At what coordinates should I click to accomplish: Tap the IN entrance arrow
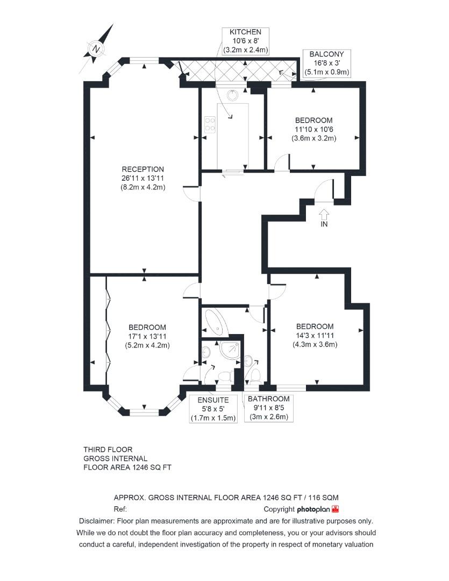pos(323,214)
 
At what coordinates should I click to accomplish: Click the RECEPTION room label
pos(142,169)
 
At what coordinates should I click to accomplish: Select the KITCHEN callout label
pos(245,32)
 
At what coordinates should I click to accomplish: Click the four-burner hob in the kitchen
pos(209,127)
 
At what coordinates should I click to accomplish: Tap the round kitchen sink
pos(232,95)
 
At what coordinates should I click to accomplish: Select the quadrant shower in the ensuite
pos(231,350)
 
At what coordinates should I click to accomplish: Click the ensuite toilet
pos(226,375)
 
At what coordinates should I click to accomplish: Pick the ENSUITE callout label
pos(214,400)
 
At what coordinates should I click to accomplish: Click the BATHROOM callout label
pos(268,399)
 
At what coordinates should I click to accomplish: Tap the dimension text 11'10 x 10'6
pos(313,129)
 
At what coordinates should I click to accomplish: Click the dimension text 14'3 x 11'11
pos(315,336)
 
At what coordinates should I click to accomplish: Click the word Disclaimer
pos(96,521)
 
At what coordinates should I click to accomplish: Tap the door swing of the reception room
pos(190,193)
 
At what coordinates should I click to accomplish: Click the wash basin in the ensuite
pos(206,353)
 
